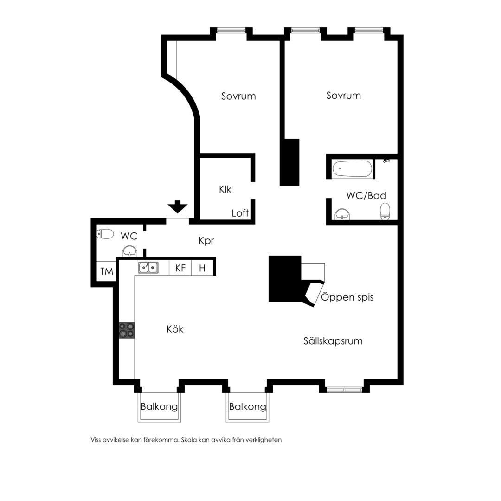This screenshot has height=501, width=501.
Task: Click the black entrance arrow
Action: tap(178, 206)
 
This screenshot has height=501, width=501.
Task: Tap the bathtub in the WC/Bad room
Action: tap(352, 168)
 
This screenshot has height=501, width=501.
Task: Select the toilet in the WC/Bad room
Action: tap(385, 211)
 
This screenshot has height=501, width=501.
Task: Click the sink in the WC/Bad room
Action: tap(342, 214)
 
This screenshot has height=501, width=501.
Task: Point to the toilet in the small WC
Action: tap(105, 234)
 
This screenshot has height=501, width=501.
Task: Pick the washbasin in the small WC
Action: tap(130, 251)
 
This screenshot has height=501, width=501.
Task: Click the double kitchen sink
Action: tap(148, 268)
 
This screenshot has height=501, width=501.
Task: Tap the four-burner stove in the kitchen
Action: tap(127, 330)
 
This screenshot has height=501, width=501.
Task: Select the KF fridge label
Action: tap(180, 268)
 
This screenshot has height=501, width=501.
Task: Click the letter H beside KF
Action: tap(202, 268)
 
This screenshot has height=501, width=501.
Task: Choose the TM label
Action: tap(107, 271)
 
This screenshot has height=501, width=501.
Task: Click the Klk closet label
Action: tap(225, 189)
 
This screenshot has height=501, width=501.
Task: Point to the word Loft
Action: tap(240, 213)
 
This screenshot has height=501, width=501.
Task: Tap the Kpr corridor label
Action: tap(206, 241)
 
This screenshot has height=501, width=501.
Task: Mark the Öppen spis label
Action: tap(347, 297)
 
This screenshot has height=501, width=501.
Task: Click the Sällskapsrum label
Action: tap(333, 341)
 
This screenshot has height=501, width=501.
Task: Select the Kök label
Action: tap(175, 329)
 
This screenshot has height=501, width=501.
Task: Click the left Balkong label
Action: tap(159, 407)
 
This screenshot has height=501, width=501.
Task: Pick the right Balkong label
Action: tap(248, 407)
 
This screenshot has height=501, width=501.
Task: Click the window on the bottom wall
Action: tap(344, 390)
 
